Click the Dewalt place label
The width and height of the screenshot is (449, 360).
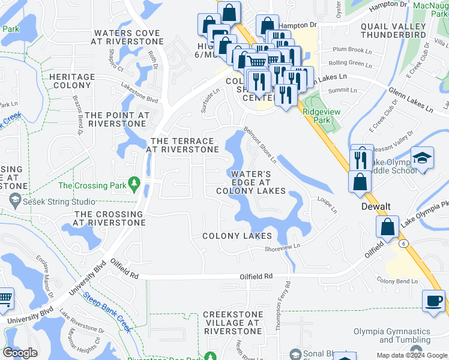(376, 206)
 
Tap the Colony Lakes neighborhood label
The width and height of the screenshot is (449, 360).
(237, 236)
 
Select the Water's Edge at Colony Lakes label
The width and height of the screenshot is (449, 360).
(251, 182)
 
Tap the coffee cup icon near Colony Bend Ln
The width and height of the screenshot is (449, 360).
(433, 301)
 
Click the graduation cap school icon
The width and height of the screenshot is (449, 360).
(423, 158)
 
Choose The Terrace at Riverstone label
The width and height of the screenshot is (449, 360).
(182, 145)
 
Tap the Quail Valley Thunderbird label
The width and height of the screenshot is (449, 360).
(393, 31)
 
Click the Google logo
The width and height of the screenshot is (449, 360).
(20, 353)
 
